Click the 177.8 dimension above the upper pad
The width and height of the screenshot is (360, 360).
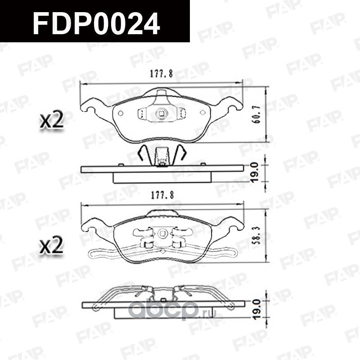click(161, 75)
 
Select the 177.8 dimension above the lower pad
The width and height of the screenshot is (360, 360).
click(161, 194)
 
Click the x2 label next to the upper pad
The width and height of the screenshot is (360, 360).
click(50, 121)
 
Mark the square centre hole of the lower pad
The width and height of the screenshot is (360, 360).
click(162, 233)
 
